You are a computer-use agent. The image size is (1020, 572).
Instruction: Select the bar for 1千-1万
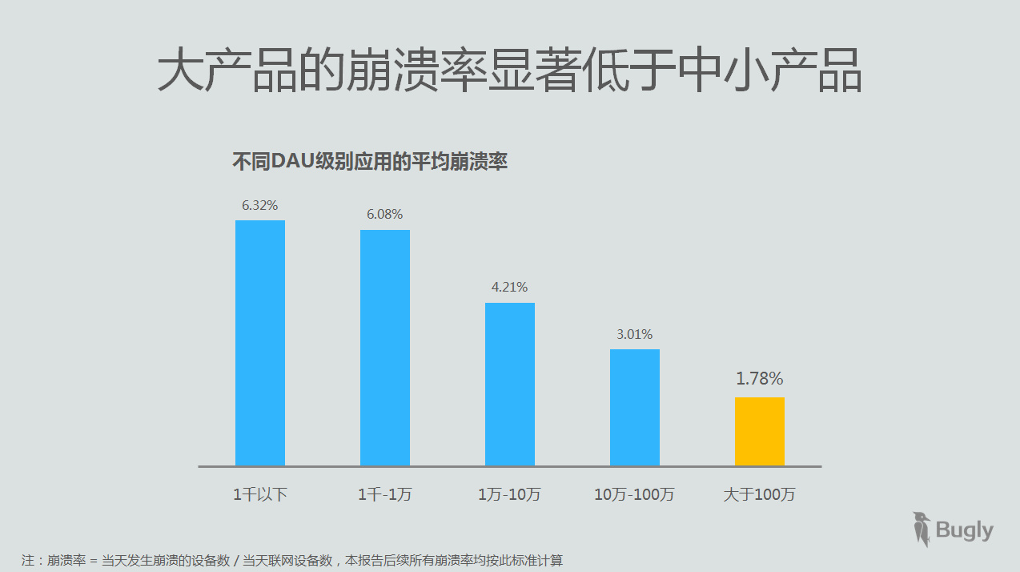[x=385, y=348]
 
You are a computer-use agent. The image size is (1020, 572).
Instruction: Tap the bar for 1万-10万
[x=510, y=384]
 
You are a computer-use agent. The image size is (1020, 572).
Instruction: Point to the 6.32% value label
[x=260, y=205]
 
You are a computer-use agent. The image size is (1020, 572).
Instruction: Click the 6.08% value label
[x=385, y=215]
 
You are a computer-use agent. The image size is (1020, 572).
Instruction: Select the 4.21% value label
[x=510, y=288]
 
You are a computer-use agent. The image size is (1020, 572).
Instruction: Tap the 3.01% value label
[x=635, y=334]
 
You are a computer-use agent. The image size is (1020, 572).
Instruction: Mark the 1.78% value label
[x=760, y=378]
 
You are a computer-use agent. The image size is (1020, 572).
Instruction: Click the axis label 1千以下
[x=260, y=494]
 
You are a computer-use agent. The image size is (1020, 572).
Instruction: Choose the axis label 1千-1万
[x=385, y=494]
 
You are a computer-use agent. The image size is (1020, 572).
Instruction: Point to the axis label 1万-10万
[x=510, y=494]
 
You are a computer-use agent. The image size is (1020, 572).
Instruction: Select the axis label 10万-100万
[x=635, y=494]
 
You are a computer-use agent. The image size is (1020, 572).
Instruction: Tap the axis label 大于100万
[x=760, y=494]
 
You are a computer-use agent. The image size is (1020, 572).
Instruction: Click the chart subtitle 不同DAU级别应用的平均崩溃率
[x=370, y=162]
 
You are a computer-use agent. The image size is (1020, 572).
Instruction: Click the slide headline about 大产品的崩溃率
[x=509, y=72]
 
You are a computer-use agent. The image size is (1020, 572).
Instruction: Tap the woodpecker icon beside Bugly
[x=923, y=530]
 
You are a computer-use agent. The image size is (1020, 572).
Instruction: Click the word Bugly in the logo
[x=965, y=530]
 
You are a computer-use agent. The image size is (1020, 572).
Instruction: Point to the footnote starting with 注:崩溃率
[x=292, y=560]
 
